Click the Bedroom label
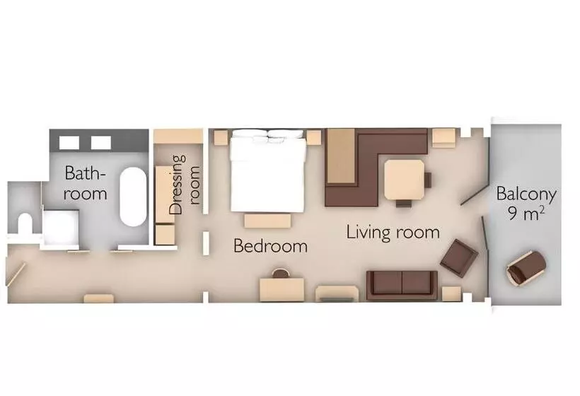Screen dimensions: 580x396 [270, 246]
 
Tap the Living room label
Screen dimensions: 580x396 [393, 232]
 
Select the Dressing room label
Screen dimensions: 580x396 [184, 185]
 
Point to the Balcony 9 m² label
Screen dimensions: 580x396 [526, 204]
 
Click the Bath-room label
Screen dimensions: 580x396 [85, 183]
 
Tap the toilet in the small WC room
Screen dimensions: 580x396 [25, 223]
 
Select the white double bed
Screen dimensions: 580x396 [268, 171]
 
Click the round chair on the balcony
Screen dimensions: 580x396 [526, 268]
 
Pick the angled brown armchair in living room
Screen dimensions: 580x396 [458, 258]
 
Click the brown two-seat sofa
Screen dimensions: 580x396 [402, 284]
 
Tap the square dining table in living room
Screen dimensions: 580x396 [405, 180]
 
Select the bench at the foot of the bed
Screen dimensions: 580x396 [267, 221]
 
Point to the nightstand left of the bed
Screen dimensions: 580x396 [221, 138]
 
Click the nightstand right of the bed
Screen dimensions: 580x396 [313, 138]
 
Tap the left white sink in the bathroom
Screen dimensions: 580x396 [69, 143]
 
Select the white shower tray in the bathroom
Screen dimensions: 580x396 [62, 227]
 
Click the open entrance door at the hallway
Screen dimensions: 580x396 [16, 274]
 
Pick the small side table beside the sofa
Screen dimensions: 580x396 [451, 293]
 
